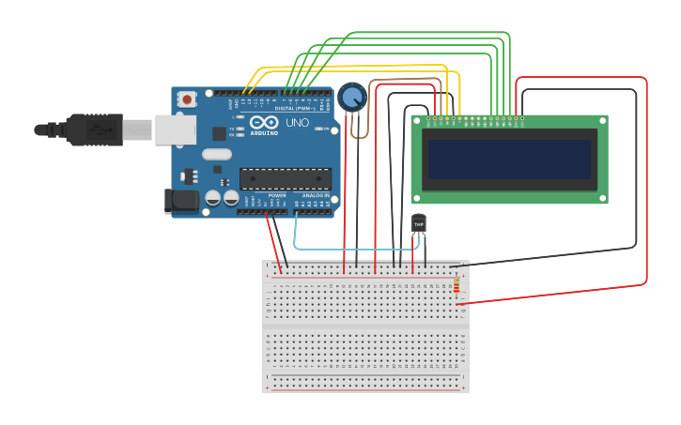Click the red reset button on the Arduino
pos(187,99)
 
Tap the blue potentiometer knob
pos(352,97)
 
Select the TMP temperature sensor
pos(419,224)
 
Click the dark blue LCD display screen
pos(510,159)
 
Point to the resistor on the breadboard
pos(457,285)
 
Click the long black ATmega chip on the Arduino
pos(286,178)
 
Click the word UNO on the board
pos(297,123)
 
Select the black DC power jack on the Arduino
pos(180,200)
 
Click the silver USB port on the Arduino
pos(175,130)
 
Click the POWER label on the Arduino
pos(276,195)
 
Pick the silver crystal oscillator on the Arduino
pos(216,155)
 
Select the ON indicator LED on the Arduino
pos(319,129)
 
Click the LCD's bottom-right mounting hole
pos(602,198)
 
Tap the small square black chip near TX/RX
pos(219,133)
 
